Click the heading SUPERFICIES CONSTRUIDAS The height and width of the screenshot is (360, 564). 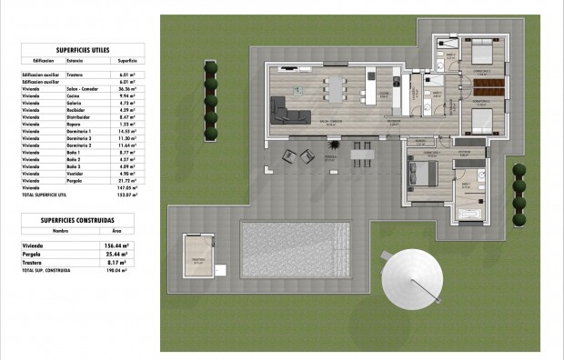[77, 219]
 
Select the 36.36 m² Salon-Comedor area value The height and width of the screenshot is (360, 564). [126, 90]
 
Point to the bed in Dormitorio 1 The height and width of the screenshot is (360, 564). [426, 174]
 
